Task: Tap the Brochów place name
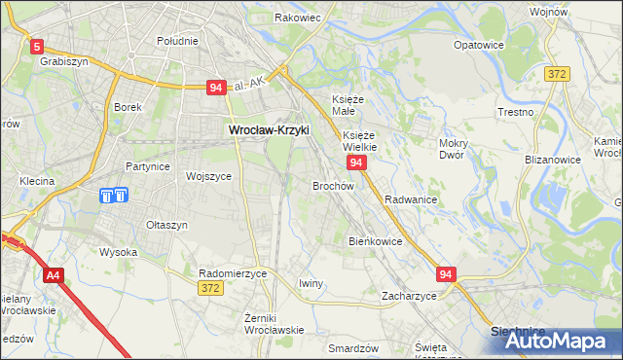pos(332,185)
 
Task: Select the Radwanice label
pos(410,198)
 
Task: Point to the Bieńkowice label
pos(376,240)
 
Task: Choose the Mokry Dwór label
pos(455,149)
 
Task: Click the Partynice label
pos(148,166)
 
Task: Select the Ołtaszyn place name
pos(166,225)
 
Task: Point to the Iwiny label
pos(311,283)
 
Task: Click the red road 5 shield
pos(37,45)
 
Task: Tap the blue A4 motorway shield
pos(54,274)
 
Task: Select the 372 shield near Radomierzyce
pos(208,288)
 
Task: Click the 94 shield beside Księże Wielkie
pos(356,162)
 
